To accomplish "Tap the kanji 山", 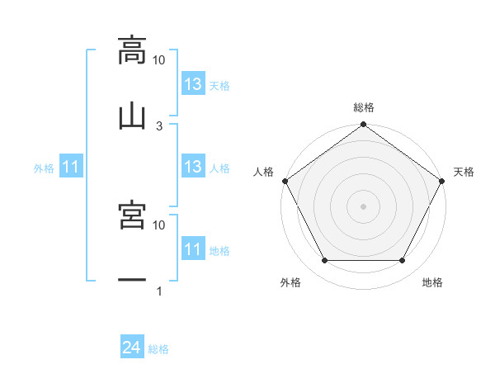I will pos(132,116).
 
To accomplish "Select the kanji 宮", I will pos(132,215).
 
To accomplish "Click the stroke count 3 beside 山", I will pos(159,125).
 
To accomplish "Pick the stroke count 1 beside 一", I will pos(159,291).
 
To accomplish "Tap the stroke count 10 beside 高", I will pos(159,60).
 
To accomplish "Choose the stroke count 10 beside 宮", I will pos(159,225).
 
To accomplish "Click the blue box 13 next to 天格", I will pos(192,84).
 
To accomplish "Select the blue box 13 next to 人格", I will pos(192,167).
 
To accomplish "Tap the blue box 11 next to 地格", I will pos(192,249).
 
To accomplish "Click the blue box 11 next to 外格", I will pos(70,168).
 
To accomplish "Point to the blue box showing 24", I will pos(131,348).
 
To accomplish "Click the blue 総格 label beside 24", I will pos(158,349).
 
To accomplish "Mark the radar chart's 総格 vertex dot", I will pos(363,125).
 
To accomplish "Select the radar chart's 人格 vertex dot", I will pos(285,181).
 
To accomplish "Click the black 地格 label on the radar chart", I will pos(432,283).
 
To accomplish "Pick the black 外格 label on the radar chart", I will pos(290,283).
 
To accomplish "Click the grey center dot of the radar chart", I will pos(363,206).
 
